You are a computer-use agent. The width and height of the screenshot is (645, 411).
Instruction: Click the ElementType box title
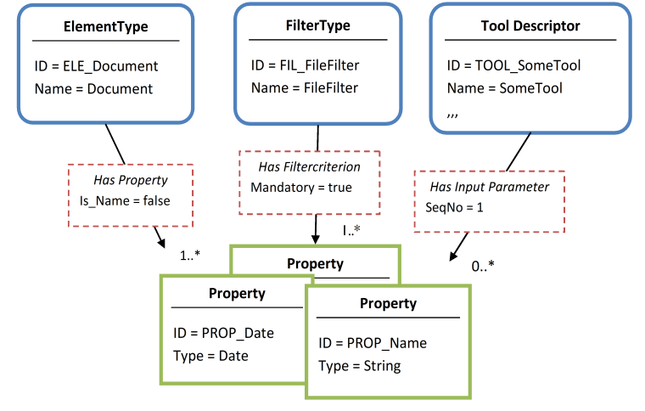(x=106, y=27)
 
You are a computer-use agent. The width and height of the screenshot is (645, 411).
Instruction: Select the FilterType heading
(x=317, y=25)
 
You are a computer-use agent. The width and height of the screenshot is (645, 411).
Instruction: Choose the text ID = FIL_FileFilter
(x=306, y=65)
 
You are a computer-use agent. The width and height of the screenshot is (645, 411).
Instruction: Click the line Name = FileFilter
(x=305, y=87)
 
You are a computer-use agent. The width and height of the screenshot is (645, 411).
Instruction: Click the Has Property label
(x=130, y=180)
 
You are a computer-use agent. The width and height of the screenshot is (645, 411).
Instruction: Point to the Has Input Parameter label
(x=489, y=187)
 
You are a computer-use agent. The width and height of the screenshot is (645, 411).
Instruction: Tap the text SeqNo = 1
(x=453, y=207)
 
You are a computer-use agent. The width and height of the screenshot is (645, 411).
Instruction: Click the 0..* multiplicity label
(x=483, y=266)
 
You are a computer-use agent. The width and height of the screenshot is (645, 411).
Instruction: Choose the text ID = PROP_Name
(x=373, y=343)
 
